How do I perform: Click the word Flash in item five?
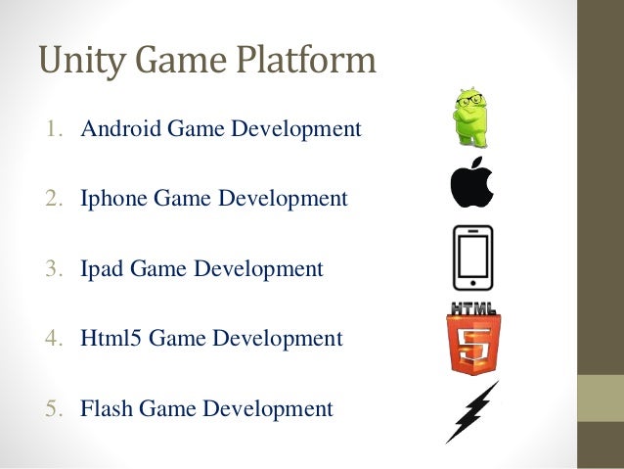tap(108, 408)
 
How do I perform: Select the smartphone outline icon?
tap(472, 258)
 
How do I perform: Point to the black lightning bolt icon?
tap(472, 412)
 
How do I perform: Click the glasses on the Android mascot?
tap(470, 101)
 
